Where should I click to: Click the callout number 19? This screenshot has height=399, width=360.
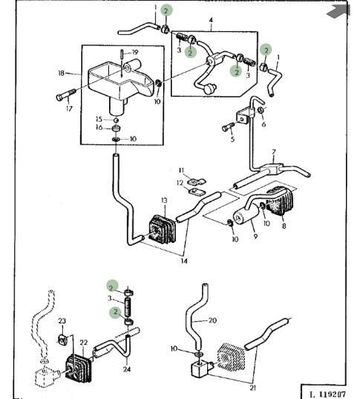[x=135, y=53]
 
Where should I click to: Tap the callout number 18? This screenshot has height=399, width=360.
[x=62, y=74]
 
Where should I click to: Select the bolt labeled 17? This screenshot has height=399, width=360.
[x=66, y=94]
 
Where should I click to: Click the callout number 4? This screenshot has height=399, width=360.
[x=211, y=20]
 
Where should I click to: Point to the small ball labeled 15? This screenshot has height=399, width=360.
[x=116, y=120]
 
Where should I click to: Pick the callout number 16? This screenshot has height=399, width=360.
[x=99, y=127]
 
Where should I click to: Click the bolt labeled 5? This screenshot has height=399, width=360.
[x=229, y=127]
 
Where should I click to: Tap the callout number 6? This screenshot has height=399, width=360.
[x=264, y=124]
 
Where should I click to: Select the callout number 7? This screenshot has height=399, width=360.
[x=274, y=152]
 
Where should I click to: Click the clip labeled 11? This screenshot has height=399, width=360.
[x=197, y=181]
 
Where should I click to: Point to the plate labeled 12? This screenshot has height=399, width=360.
[x=197, y=191]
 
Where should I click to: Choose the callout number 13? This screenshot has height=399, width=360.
[x=164, y=201]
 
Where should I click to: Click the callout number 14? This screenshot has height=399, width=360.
[x=184, y=261]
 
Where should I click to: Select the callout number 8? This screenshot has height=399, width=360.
[x=284, y=226]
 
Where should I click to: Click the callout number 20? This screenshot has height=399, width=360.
[x=212, y=320]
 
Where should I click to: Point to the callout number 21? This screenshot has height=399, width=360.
[x=252, y=388]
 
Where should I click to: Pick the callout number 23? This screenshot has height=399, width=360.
[x=62, y=321]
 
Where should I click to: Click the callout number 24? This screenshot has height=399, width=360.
[x=127, y=369]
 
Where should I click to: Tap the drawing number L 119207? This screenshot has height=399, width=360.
[x=327, y=395]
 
